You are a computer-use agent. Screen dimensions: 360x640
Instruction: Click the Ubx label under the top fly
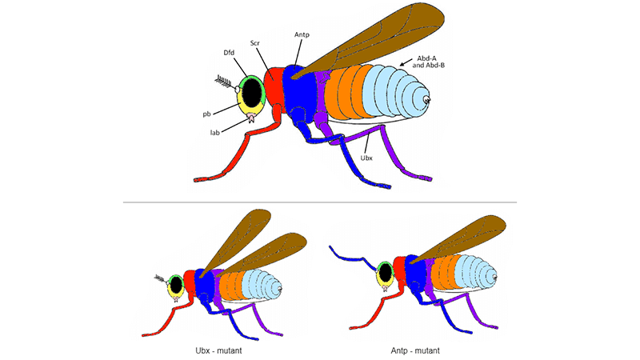366,157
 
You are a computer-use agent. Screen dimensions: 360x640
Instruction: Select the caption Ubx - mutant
211,350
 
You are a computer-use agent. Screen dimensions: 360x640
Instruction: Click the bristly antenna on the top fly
223,79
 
